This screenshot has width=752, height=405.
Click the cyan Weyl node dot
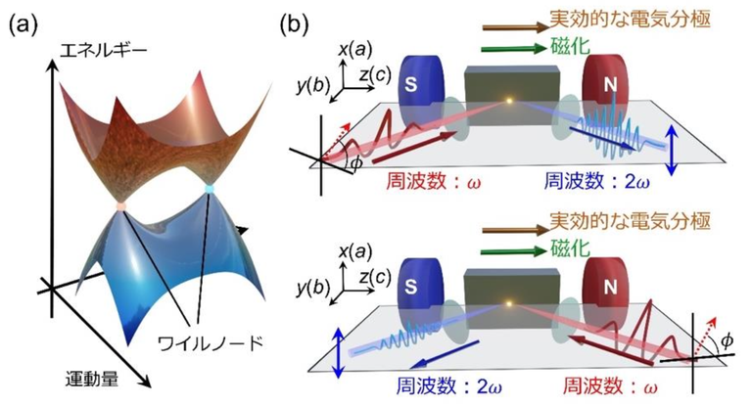click(x=211, y=186)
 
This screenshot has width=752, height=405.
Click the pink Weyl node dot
click(x=119, y=207)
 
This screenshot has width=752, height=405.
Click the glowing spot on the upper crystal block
click(x=508, y=100)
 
